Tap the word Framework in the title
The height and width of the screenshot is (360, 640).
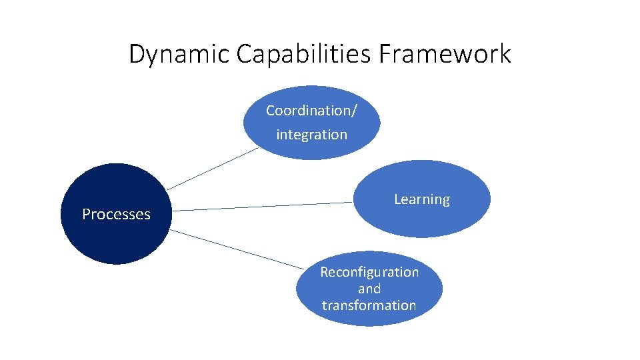(445, 54)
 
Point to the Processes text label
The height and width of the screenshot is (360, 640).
(116, 214)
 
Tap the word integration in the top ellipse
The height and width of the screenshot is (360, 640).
(311, 135)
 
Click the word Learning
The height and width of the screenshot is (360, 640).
(421, 199)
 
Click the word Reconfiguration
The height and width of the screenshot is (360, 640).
(369, 272)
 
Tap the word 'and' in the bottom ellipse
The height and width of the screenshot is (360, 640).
(369, 289)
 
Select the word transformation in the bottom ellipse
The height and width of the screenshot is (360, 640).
(369, 305)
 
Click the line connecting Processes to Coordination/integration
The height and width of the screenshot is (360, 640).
(212, 169)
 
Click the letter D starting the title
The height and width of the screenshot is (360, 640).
(136, 54)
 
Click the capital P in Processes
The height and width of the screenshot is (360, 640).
(86, 214)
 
